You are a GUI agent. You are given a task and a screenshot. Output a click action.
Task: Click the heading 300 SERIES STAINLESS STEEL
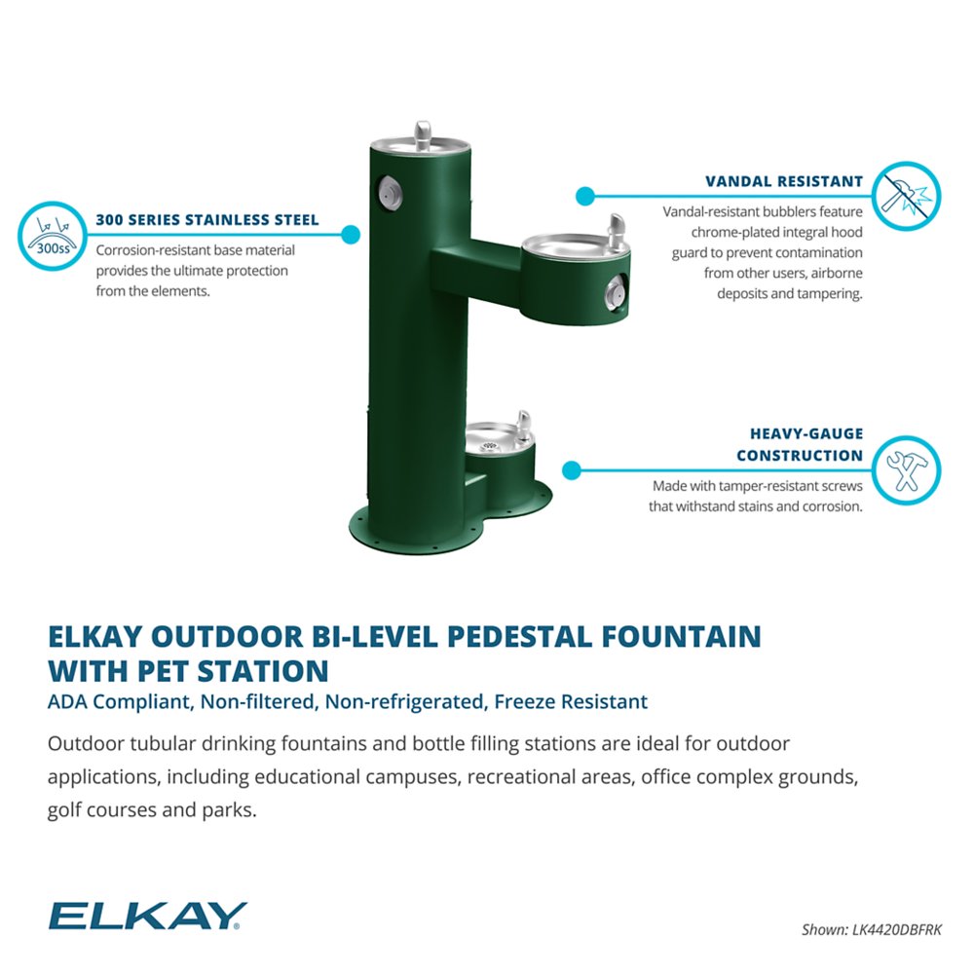pos(207,220)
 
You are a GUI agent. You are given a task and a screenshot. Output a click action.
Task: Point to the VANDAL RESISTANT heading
pos(784,181)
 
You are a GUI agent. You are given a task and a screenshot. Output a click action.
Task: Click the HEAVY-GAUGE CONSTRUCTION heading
pos(799,444)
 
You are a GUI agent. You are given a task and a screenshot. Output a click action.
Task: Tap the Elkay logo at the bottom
pos(147,916)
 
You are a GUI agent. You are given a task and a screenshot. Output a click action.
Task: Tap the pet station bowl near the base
pos(497,438)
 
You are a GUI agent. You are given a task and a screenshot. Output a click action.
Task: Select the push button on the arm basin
pos(615,289)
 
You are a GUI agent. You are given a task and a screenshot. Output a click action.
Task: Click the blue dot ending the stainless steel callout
pos(351,234)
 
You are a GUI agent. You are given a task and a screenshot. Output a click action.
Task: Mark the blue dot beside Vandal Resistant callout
pos(584,196)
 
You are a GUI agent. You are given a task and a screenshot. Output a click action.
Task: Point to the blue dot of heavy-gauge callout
pos(572,470)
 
